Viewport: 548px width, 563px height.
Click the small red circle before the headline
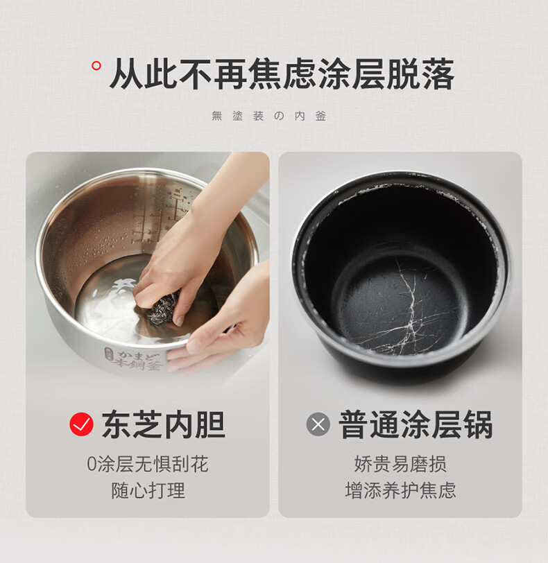pyautogui.click(x=96, y=66)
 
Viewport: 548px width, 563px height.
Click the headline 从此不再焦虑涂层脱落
pyautogui.click(x=282, y=73)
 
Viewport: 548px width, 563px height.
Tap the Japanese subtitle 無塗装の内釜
pyautogui.click(x=268, y=116)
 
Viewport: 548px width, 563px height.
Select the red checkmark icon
pyautogui.click(x=82, y=424)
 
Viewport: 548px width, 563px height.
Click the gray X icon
pyautogui.click(x=318, y=424)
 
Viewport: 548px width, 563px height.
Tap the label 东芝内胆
pyautogui.click(x=164, y=424)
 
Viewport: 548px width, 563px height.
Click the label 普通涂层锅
pyautogui.click(x=416, y=424)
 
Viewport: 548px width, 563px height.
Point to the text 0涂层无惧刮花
pyautogui.click(x=148, y=464)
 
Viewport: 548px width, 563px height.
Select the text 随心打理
pyautogui.click(x=148, y=490)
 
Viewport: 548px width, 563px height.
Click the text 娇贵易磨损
pyautogui.click(x=400, y=464)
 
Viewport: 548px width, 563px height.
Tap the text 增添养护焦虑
pyautogui.click(x=400, y=490)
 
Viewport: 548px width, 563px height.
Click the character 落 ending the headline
pyautogui.click(x=438, y=73)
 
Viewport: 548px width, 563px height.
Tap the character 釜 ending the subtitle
pyautogui.click(x=320, y=116)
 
